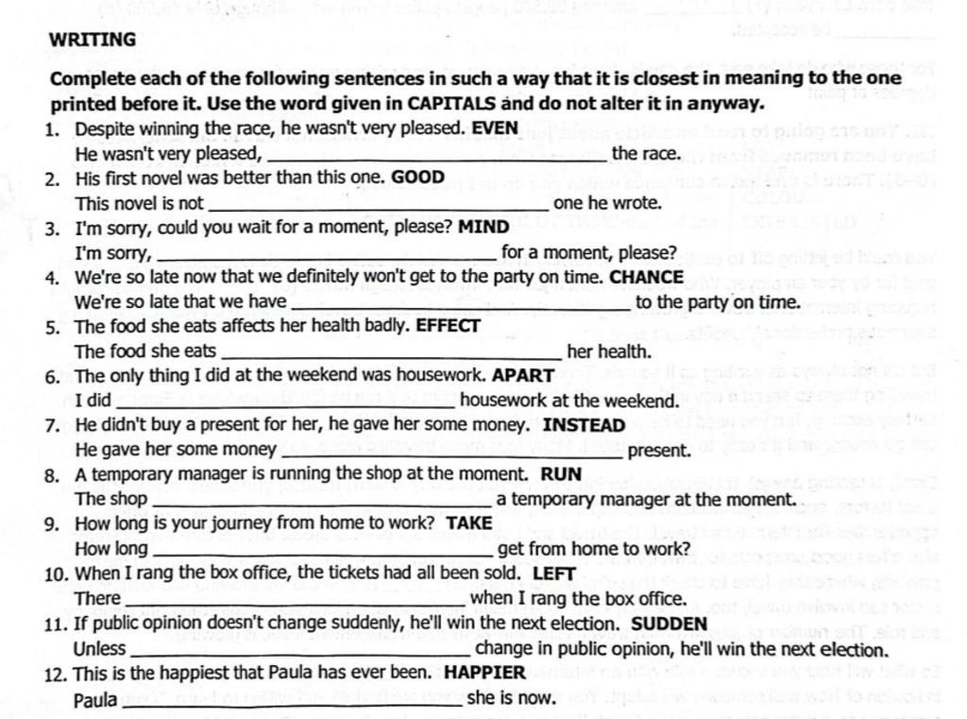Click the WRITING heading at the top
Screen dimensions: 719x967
[x=93, y=40]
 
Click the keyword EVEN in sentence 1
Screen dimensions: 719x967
[x=495, y=128]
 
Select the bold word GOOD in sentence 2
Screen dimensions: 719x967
[x=417, y=177]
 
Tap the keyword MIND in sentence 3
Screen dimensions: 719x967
[x=483, y=227]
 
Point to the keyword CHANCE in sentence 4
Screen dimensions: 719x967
[x=647, y=277]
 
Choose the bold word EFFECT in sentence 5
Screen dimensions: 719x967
[x=449, y=326]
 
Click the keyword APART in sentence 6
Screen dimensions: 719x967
[x=523, y=375]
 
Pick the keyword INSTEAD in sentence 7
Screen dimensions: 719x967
[x=584, y=425]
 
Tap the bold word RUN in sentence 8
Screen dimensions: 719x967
[x=561, y=473]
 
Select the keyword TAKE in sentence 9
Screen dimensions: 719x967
[x=469, y=522]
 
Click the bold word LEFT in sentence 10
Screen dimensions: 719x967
[x=554, y=573]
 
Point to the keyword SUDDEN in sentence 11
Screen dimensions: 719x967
[x=669, y=624]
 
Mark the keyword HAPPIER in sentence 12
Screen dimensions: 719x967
[x=484, y=673]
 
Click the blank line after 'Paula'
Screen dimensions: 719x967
[x=291, y=703]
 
